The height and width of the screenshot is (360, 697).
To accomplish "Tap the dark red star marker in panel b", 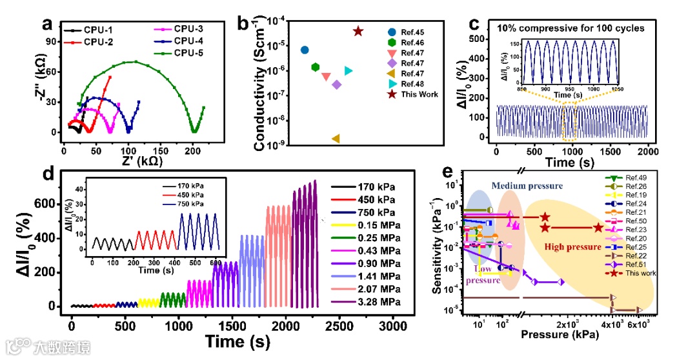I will click(x=358, y=31).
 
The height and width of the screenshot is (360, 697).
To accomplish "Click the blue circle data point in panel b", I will click(x=305, y=50).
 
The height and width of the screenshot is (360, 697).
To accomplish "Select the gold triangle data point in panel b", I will click(x=336, y=138).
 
